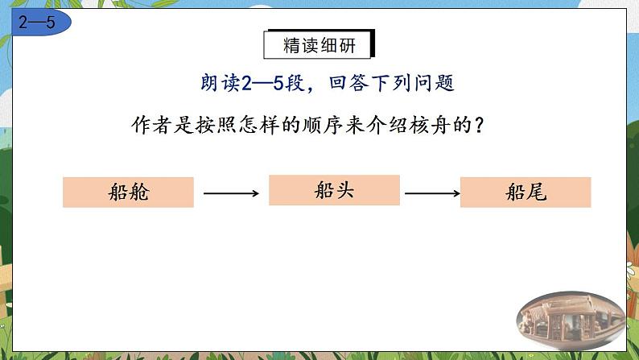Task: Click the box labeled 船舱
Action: coord(128,192)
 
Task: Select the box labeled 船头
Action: coord(334,190)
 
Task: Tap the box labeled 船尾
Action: coord(526,192)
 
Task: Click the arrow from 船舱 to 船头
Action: coord(231,192)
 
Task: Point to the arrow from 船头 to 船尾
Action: coord(432,192)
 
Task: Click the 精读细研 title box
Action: coord(319,45)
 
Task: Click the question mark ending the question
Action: coord(480,126)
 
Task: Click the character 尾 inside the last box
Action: coord(537,192)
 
